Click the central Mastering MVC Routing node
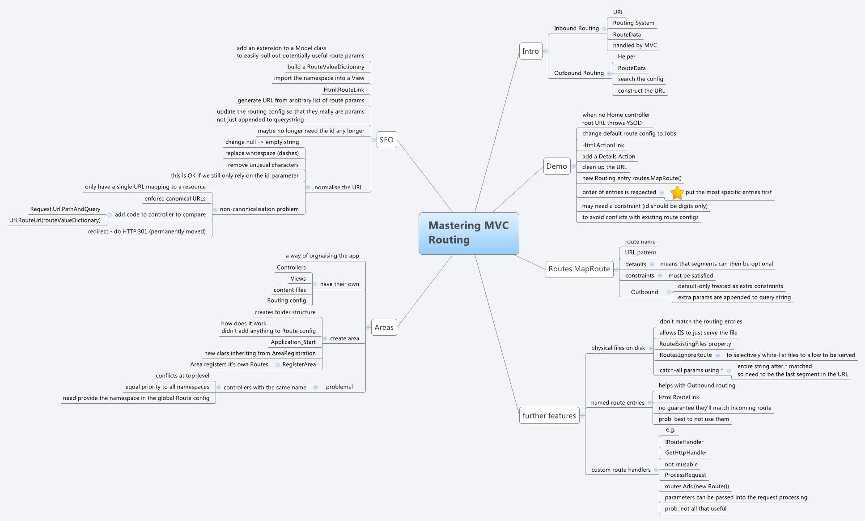click(469, 233)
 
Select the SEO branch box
click(386, 140)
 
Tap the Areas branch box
click(384, 327)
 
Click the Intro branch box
click(530, 51)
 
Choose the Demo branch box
click(556, 166)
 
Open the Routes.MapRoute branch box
click(579, 269)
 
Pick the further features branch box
click(549, 415)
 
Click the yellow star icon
click(677, 192)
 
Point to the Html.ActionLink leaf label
click(603, 145)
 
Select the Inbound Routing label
click(576, 28)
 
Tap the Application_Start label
click(293, 342)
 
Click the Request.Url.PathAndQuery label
click(65, 209)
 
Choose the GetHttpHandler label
click(686, 453)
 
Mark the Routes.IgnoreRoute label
click(685, 355)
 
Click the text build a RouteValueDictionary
click(326, 67)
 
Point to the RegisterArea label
click(299, 364)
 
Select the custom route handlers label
click(620, 470)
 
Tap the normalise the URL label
click(338, 187)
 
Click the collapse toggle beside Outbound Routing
click(609, 73)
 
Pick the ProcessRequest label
click(685, 475)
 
